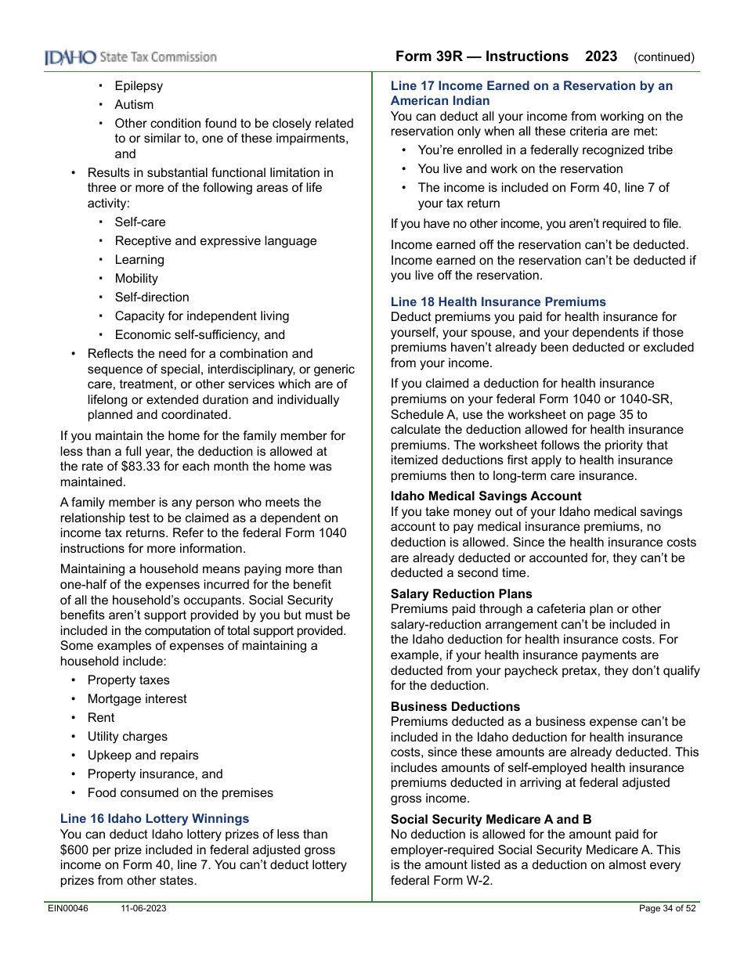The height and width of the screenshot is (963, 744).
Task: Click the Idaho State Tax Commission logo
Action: click(x=130, y=57)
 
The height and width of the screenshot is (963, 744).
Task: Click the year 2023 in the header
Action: click(x=601, y=56)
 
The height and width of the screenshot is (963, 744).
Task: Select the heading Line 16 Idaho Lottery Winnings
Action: click(x=154, y=819)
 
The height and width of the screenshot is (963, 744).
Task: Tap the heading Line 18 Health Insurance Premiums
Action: click(x=498, y=301)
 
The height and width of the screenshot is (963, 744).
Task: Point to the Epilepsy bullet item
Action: click(x=139, y=86)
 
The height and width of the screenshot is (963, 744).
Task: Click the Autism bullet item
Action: click(x=134, y=105)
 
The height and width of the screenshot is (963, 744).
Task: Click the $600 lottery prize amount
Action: click(x=76, y=849)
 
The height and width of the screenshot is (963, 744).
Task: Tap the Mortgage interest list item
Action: click(x=137, y=699)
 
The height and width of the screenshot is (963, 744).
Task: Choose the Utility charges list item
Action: click(x=127, y=737)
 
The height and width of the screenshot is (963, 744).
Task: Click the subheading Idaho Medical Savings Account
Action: click(x=486, y=496)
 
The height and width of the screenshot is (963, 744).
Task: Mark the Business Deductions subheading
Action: click(x=455, y=707)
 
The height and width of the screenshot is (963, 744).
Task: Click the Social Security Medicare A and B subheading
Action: click(x=491, y=820)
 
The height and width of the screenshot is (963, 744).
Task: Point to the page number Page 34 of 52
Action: click(x=667, y=908)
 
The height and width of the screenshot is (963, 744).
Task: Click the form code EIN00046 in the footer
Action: click(x=68, y=908)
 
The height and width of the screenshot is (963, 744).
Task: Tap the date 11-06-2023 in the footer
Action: click(x=143, y=908)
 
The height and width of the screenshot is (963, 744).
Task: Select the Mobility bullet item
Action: click(x=136, y=279)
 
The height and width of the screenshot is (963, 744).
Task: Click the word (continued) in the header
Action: click(x=664, y=57)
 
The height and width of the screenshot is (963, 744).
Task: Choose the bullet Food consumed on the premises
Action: click(x=180, y=793)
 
